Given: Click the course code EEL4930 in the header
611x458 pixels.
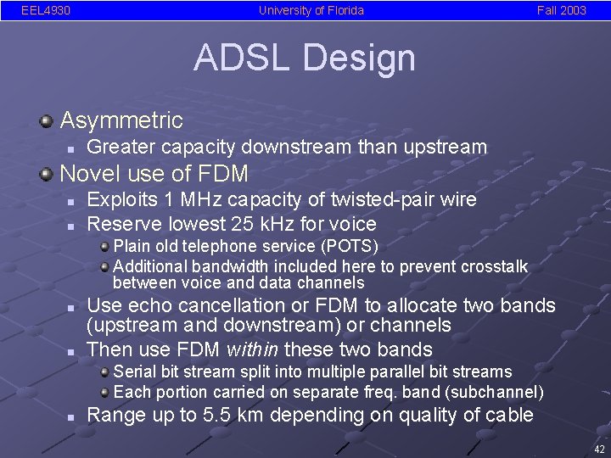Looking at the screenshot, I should point(46,11).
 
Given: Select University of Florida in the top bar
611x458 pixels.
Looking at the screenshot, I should point(311,11).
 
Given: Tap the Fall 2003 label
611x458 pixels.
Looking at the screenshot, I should point(561,11).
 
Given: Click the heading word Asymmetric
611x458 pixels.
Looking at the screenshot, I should point(121,120).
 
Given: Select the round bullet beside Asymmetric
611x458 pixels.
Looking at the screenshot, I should point(47,120).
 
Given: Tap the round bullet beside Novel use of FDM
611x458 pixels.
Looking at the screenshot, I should point(47,174).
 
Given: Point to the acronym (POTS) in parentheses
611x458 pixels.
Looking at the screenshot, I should point(345,246).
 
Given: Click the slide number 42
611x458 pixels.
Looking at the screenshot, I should point(599,449).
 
